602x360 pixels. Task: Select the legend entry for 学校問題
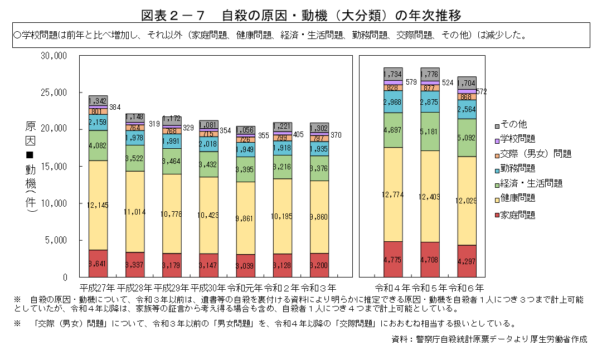tap(518, 139)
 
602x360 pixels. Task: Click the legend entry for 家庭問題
tap(518, 215)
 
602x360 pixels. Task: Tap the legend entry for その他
tap(513, 124)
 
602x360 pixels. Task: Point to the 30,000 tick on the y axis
tap(54, 56)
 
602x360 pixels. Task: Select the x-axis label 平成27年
tap(98, 288)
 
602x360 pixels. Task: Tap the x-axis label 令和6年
tap(467, 288)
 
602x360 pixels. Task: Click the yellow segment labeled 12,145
tap(98, 205)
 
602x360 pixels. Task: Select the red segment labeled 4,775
tap(393, 259)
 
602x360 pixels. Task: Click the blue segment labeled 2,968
tap(393, 102)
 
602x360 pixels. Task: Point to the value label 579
tap(411, 82)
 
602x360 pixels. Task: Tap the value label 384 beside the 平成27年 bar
tap(115, 106)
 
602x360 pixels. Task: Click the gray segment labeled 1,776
tap(430, 74)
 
